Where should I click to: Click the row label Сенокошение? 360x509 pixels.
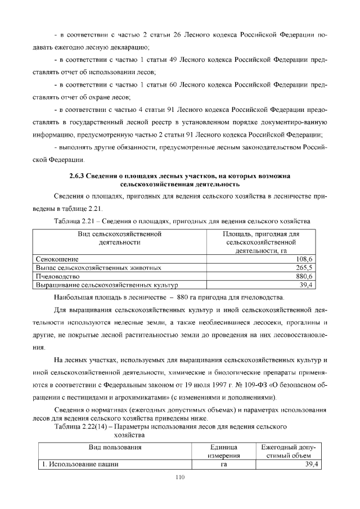pyautogui.click(x=57, y=259)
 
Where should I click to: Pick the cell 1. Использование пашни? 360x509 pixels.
pyautogui.click(x=79, y=464)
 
